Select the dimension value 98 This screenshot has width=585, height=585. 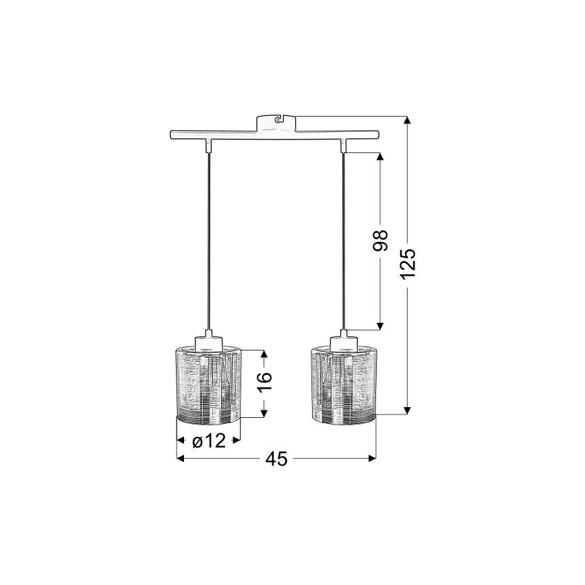(x=381, y=241)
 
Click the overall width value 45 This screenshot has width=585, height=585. (x=276, y=459)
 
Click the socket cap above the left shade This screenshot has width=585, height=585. (x=208, y=341)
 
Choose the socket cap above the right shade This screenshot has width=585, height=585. (x=344, y=341)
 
